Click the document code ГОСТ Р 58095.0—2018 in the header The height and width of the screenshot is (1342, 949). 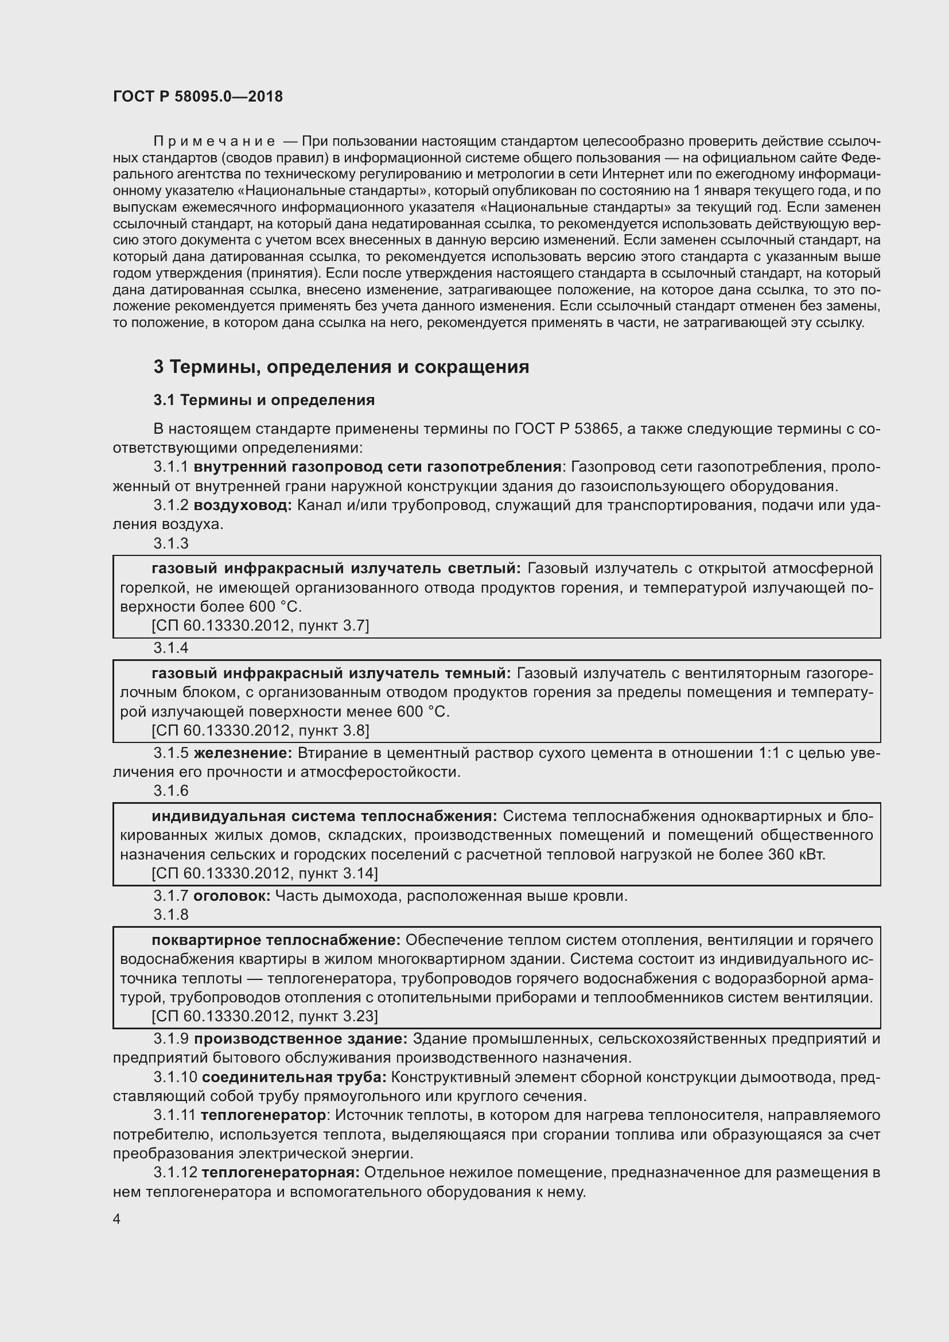[x=197, y=97]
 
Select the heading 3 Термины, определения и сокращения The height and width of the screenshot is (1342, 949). [x=341, y=367]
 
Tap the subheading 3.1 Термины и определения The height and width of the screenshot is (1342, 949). [x=264, y=400]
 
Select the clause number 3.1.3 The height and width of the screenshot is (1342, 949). [x=171, y=543]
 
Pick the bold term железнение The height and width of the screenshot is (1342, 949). [x=243, y=753]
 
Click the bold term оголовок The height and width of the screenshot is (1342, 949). [x=231, y=896]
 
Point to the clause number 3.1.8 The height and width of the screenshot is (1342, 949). [x=171, y=915]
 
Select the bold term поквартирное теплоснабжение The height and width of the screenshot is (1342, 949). [x=276, y=940]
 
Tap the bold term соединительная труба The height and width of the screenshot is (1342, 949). [x=294, y=1078]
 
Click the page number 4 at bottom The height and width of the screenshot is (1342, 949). [x=117, y=1219]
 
